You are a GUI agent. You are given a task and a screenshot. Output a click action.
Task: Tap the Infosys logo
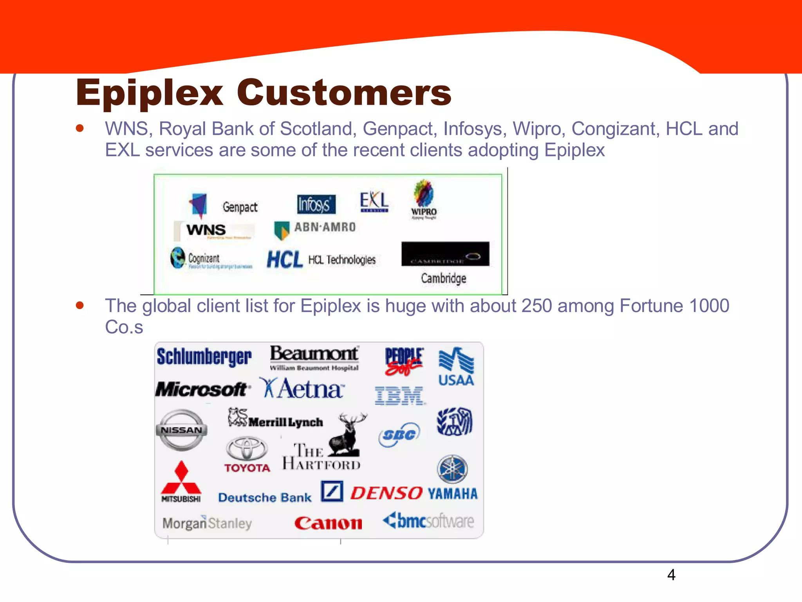(x=316, y=204)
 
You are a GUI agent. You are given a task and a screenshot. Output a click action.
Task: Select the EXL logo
(x=374, y=201)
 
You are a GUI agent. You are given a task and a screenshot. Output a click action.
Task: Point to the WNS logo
(x=206, y=230)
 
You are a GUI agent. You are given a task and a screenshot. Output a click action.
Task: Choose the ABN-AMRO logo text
(x=325, y=227)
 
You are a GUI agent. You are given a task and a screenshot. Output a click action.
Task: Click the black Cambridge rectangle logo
(x=445, y=254)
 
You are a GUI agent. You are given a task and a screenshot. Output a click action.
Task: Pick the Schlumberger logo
(x=204, y=357)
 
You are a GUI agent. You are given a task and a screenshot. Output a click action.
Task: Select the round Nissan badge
(x=181, y=430)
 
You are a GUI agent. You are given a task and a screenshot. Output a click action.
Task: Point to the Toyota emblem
(x=247, y=449)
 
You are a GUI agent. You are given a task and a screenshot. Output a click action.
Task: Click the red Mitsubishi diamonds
(x=181, y=478)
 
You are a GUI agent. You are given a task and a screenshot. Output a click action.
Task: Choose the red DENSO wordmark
(x=386, y=493)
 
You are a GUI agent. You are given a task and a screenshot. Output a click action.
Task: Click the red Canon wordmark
(x=328, y=523)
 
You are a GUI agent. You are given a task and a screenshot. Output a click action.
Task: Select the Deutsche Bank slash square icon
(x=332, y=491)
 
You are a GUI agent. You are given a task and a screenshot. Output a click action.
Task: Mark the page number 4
(x=671, y=575)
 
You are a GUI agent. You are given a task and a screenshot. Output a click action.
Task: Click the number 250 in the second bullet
(x=536, y=306)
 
